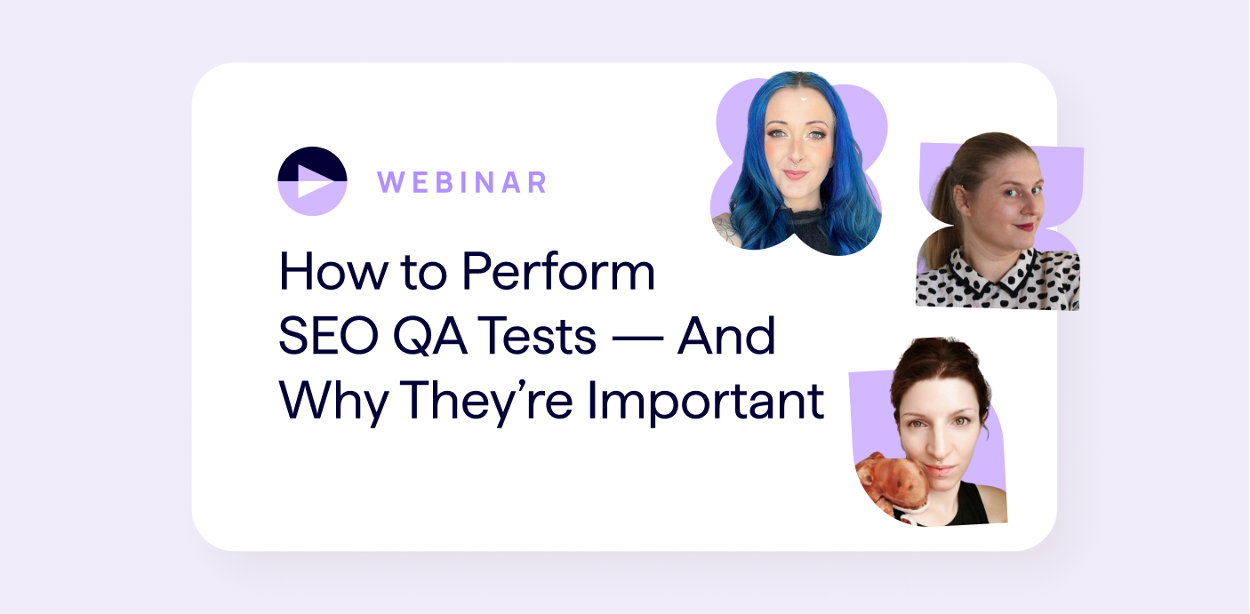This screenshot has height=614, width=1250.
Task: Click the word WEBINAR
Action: [x=461, y=182]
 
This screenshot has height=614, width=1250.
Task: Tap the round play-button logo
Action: [x=312, y=181]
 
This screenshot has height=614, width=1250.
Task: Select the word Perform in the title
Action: [x=559, y=273]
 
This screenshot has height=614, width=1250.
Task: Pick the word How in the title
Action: [x=325, y=273]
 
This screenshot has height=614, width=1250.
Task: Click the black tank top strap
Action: [x=976, y=503]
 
